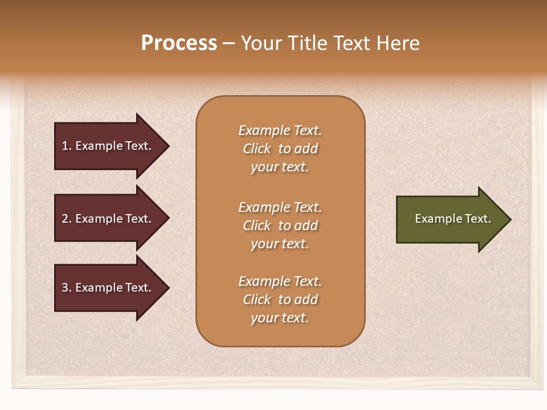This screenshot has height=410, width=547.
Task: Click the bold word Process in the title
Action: (x=179, y=43)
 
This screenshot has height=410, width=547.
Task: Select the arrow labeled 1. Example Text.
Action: (x=108, y=146)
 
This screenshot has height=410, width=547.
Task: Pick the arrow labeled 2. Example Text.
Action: (x=108, y=219)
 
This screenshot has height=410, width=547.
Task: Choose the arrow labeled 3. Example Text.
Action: (x=108, y=288)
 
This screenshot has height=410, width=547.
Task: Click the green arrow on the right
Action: (x=450, y=219)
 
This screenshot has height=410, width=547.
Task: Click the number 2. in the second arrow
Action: (x=67, y=219)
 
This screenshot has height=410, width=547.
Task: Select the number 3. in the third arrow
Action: (x=67, y=288)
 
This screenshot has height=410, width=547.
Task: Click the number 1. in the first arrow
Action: (x=67, y=146)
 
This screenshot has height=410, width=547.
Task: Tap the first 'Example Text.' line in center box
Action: (x=280, y=130)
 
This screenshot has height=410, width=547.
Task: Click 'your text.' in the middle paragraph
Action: (x=280, y=244)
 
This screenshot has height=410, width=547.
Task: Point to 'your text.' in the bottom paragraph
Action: (x=280, y=318)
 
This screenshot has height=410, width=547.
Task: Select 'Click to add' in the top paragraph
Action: (x=280, y=149)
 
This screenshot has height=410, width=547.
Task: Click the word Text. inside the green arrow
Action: (x=477, y=219)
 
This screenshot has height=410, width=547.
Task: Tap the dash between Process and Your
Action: (x=229, y=43)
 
